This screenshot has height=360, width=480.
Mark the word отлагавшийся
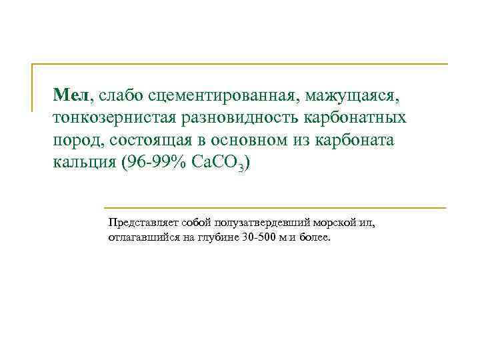click(x=140, y=237)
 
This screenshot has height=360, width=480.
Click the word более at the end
click(x=314, y=237)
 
